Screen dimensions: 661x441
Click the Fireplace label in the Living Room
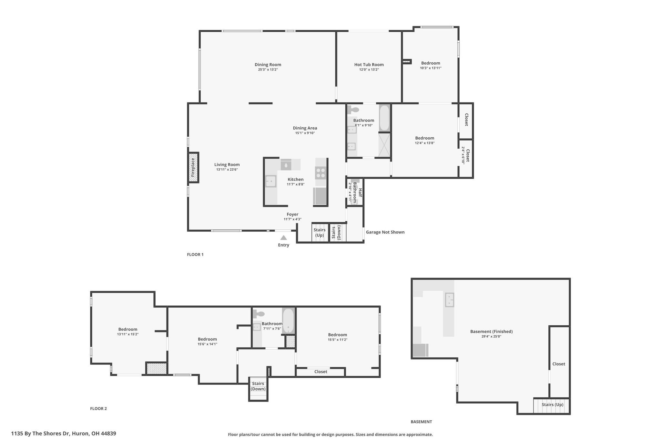tap(193, 168)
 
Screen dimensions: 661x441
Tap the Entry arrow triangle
tap(283, 238)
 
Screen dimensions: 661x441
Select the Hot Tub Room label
tap(369, 65)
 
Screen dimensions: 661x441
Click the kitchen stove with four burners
tap(321, 173)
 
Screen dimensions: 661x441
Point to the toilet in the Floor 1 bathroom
tap(353, 110)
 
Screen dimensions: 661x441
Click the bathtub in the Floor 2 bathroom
tap(288, 321)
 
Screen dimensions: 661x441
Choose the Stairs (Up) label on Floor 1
tap(320, 233)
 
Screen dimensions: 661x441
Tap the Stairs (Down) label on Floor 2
tap(258, 386)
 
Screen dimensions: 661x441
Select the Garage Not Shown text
tap(385, 232)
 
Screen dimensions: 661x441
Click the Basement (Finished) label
tap(491, 331)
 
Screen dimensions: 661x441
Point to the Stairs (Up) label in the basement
tap(552, 404)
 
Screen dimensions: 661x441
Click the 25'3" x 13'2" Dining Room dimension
tap(268, 69)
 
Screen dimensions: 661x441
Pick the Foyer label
tap(292, 214)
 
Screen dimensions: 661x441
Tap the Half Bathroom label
tap(358, 193)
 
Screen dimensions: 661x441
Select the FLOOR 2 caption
tap(98, 409)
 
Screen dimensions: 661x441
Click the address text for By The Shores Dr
tap(64, 434)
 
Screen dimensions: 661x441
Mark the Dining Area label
tap(305, 128)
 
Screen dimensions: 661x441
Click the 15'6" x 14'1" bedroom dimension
tap(207, 344)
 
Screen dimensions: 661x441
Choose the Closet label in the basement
tap(559, 364)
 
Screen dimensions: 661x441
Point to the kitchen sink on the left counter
tap(271, 181)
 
